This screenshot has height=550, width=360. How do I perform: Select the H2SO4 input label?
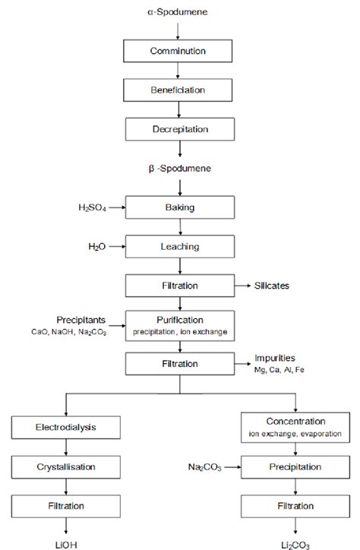point(93,206)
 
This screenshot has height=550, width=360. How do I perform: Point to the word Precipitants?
point(81,318)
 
